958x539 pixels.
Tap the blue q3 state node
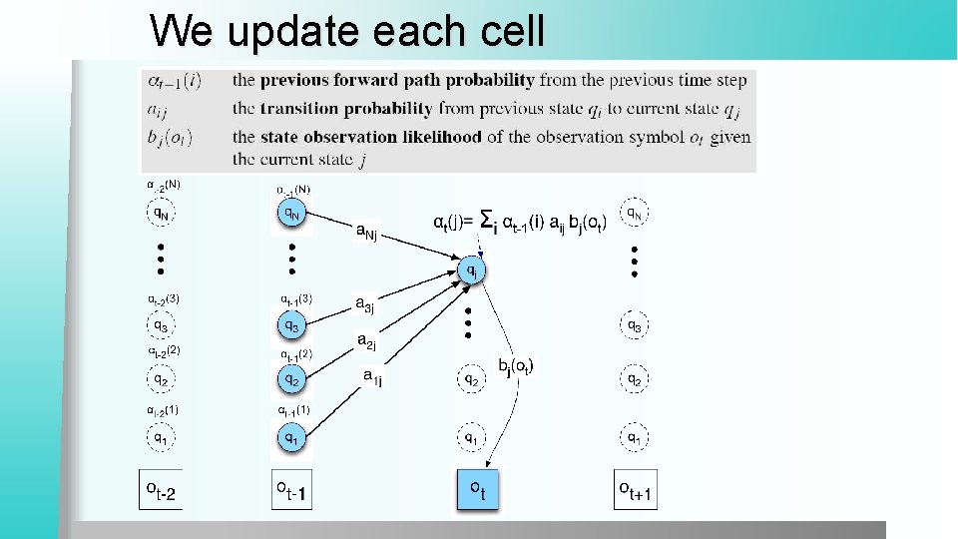(x=289, y=324)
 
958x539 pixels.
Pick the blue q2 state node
(x=290, y=379)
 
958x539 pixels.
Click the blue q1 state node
(x=290, y=436)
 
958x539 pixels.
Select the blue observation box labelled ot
(x=477, y=489)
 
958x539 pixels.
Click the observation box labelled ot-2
(x=160, y=489)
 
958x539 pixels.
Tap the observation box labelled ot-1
(x=291, y=489)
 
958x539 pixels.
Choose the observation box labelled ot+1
(x=635, y=489)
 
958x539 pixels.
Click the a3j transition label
(x=366, y=303)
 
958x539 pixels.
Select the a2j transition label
(x=368, y=341)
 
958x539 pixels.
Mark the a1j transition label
(x=372, y=377)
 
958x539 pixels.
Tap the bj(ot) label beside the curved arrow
(x=516, y=367)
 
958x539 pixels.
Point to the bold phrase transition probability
(x=328, y=108)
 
